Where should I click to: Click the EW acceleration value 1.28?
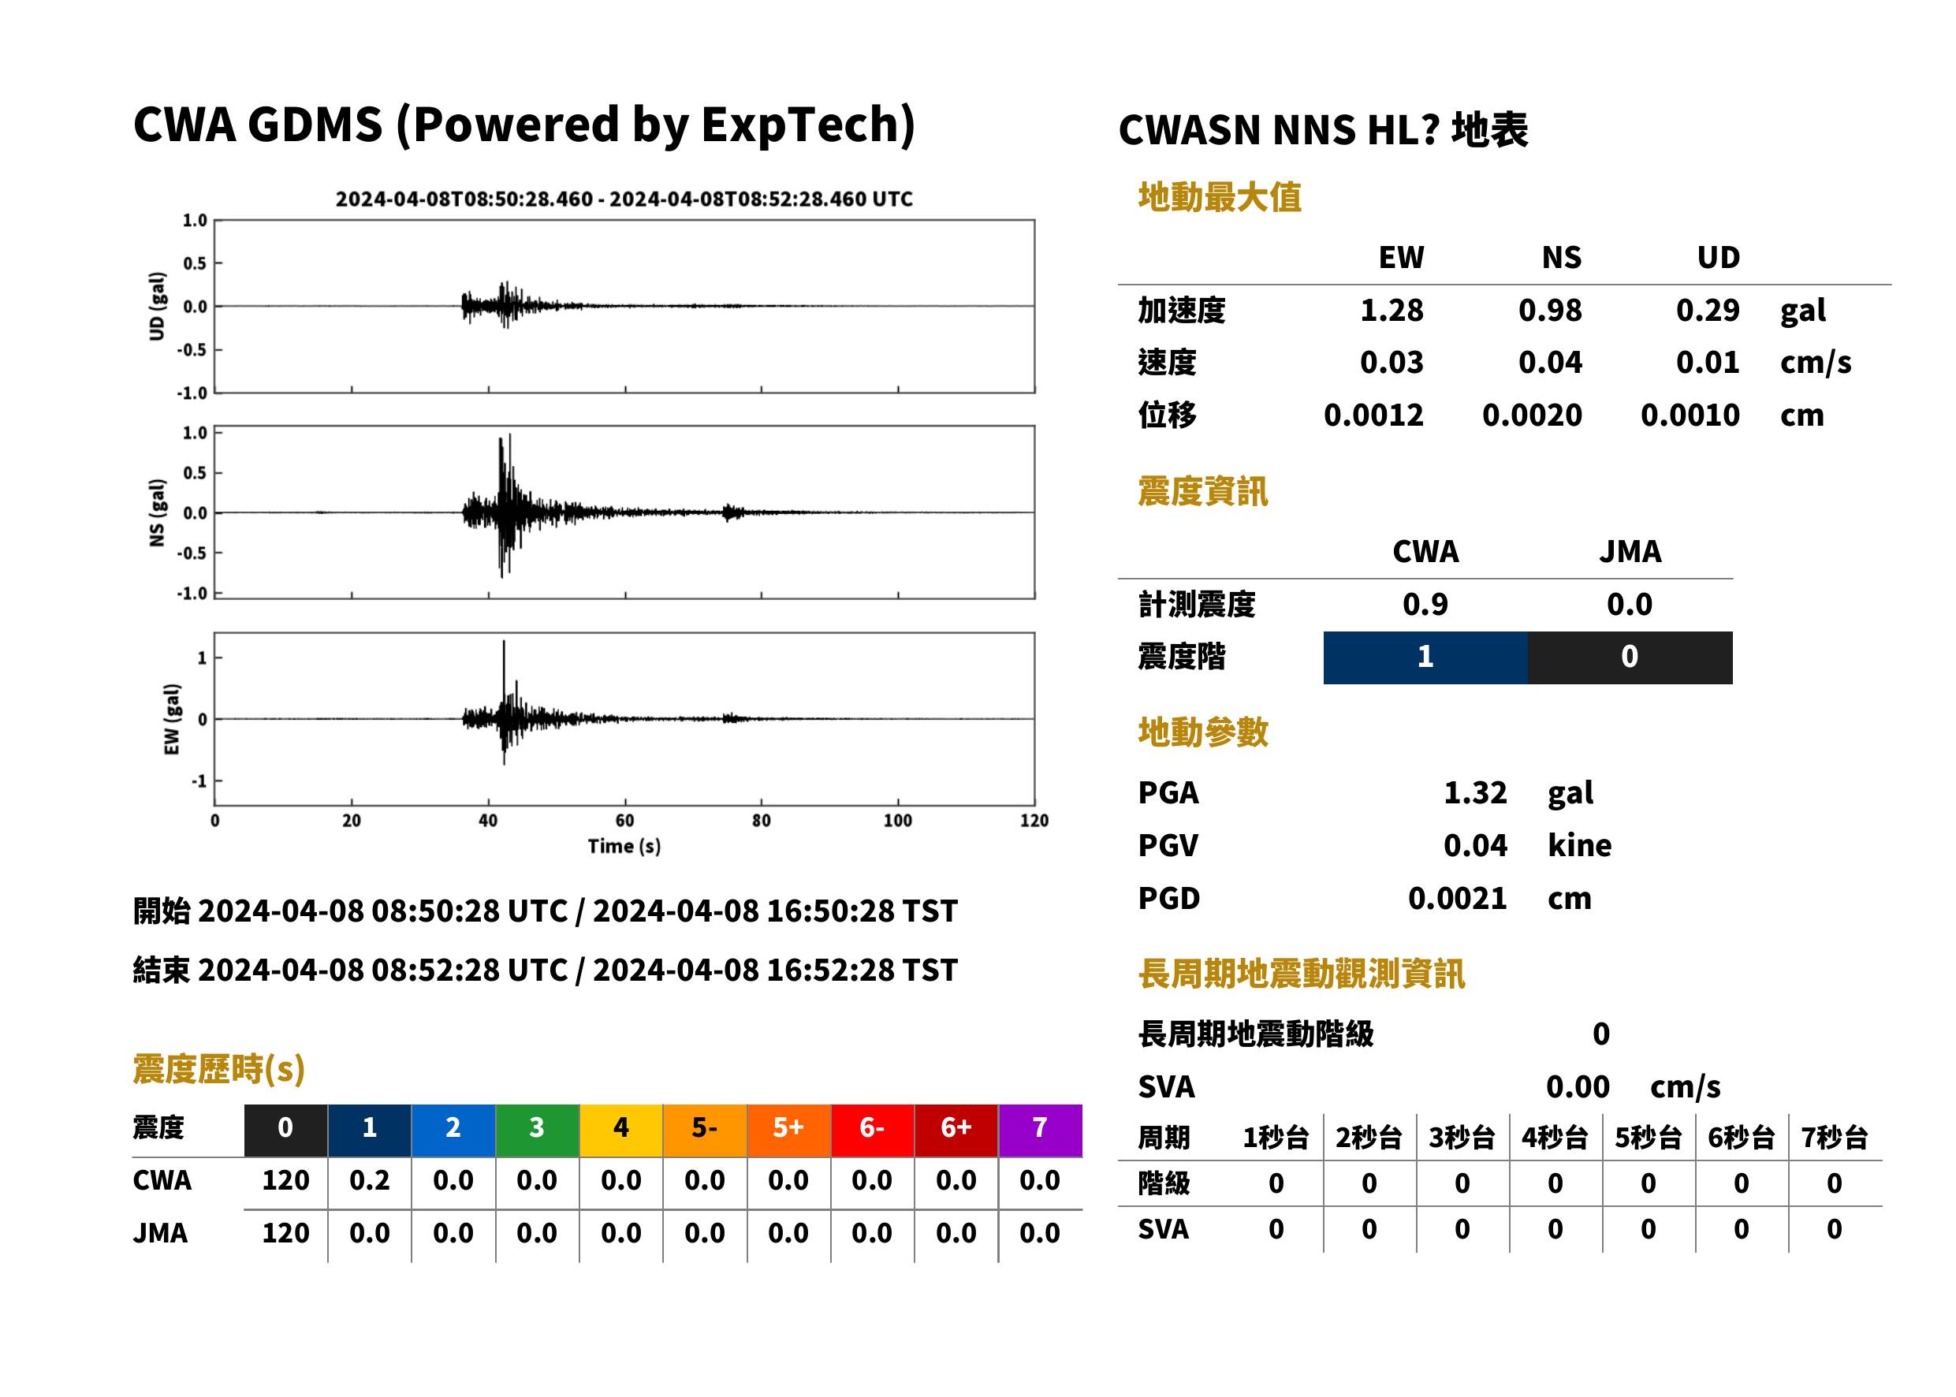point(1391,310)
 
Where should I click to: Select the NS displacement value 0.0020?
point(1532,415)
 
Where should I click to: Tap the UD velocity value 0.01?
point(1708,362)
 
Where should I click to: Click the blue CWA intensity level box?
point(1425,658)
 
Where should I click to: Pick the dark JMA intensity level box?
point(1630,658)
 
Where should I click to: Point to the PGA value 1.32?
point(1475,792)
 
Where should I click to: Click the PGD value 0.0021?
point(1457,898)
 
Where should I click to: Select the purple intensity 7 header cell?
point(1040,1130)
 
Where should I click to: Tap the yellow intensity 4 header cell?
point(621,1130)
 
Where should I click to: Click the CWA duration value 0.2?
point(370,1180)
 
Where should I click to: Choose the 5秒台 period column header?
point(1648,1138)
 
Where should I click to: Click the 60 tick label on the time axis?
point(624,821)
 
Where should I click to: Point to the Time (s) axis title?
point(624,847)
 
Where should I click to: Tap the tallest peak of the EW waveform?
point(504,641)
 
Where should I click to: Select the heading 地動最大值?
point(1220,197)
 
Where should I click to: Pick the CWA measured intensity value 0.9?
point(1425,605)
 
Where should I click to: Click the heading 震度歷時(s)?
point(219,1069)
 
